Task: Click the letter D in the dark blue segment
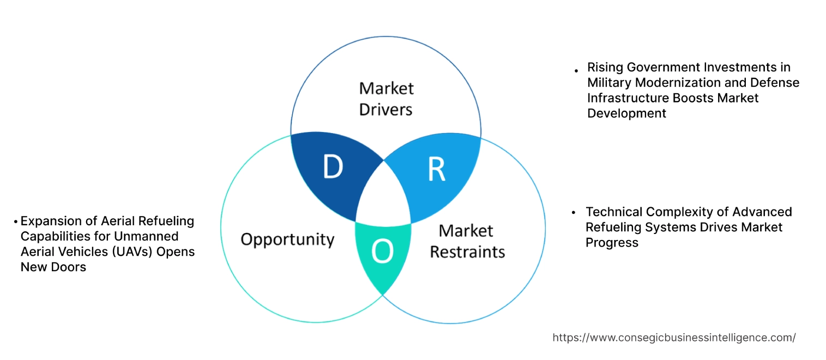[332, 167]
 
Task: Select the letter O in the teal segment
[382, 251]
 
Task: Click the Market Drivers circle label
[386, 99]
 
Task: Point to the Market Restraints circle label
[467, 241]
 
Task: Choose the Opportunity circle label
[287, 239]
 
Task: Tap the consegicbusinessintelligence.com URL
[674, 338]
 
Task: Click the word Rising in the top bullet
[605, 67]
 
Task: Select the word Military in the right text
[608, 82]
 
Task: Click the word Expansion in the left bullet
[49, 221]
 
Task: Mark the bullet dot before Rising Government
[576, 70]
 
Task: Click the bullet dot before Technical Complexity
[574, 212]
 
